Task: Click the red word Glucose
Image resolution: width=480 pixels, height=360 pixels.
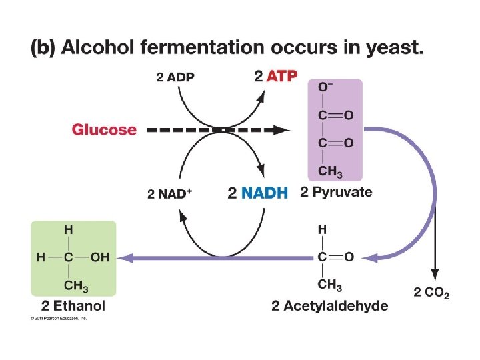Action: click(104, 129)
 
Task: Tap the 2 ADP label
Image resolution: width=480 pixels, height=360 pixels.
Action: click(175, 77)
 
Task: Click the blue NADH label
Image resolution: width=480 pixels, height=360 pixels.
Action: click(265, 193)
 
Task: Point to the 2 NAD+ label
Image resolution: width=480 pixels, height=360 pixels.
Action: click(169, 194)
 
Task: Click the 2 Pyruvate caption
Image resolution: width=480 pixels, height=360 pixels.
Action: click(336, 193)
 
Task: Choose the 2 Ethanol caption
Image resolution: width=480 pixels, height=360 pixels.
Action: click(73, 306)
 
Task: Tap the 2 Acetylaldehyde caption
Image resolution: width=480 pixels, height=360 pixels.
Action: click(329, 306)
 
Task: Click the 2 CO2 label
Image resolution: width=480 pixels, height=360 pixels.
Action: click(431, 292)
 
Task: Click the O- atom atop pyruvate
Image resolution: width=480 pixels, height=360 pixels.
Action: click(325, 87)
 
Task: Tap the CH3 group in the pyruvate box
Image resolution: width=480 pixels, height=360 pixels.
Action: click(330, 171)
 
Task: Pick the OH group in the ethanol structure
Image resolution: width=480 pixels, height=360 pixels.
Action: click(99, 257)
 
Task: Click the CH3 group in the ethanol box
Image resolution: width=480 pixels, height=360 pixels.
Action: click(76, 286)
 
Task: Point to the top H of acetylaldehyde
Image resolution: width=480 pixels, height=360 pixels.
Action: click(322, 229)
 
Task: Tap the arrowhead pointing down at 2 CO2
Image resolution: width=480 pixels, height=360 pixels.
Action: click(435, 274)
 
